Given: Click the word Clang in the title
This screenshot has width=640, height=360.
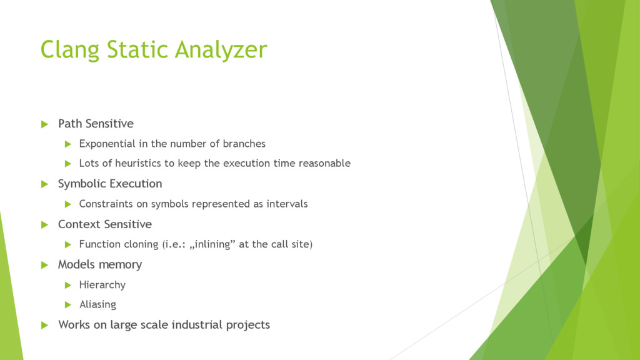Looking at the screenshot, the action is pos(70,50).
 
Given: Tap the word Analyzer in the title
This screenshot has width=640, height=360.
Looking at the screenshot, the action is pos(221,50).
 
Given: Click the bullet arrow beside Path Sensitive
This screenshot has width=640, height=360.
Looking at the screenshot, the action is pos(44,124).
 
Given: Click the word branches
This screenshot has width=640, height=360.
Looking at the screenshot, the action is pos(244,144).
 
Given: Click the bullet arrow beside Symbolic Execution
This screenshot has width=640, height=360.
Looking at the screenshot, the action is pos(44,184).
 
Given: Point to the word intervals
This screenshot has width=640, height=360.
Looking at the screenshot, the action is pos(287,204).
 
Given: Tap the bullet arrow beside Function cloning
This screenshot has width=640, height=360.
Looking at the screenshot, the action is pos(68,245).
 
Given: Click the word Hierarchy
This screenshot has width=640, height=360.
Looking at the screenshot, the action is pos(102,285).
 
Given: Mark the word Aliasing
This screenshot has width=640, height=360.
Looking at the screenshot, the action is pos(97,304).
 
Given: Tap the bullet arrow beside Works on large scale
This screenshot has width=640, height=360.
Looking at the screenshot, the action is pos(44,325).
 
